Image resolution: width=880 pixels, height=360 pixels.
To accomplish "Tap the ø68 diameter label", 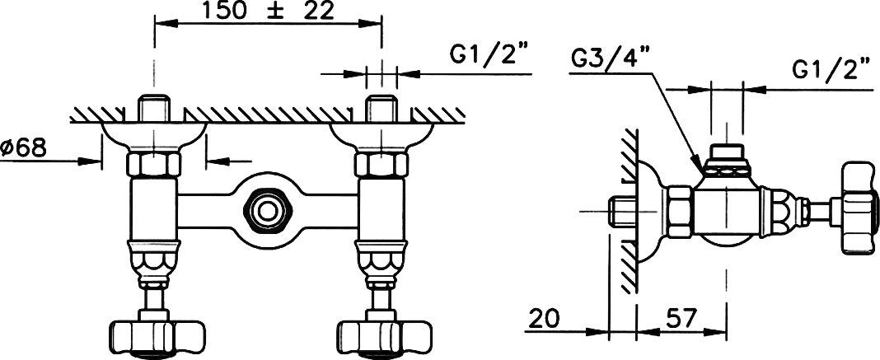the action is click(24, 148).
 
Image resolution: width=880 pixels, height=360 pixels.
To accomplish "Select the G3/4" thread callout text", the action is click(609, 58).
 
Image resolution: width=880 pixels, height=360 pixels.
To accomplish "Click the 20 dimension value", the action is click(544, 319).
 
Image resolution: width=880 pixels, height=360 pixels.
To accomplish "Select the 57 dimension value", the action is click(681, 319).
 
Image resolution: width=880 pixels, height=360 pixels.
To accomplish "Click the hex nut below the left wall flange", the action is click(154, 164).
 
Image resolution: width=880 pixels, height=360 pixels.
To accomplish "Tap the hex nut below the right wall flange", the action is click(381, 164).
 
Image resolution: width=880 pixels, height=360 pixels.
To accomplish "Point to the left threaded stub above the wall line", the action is click(154, 107).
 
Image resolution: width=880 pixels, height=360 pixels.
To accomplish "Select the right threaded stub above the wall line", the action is click(381, 107).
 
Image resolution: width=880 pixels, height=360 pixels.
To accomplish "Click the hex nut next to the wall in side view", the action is click(678, 212).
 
